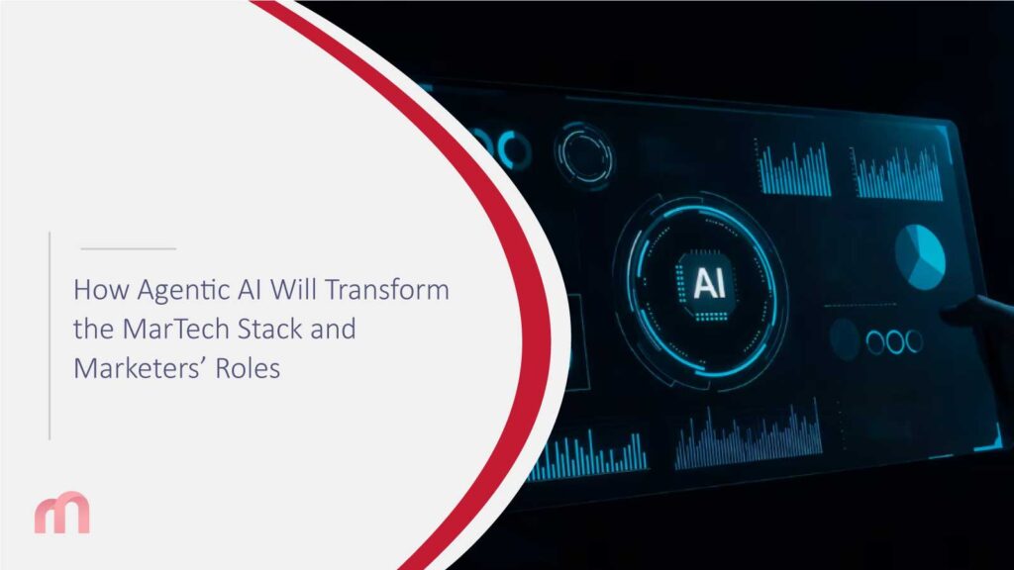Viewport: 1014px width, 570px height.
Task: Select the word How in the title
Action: pos(95,291)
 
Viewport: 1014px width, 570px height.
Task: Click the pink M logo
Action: pos(61,514)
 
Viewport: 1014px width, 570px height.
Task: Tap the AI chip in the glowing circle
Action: pos(708,284)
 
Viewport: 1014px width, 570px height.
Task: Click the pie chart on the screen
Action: pos(920,251)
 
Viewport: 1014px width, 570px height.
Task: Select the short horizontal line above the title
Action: pos(127,248)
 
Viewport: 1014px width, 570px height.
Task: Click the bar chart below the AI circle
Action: pos(749,435)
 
